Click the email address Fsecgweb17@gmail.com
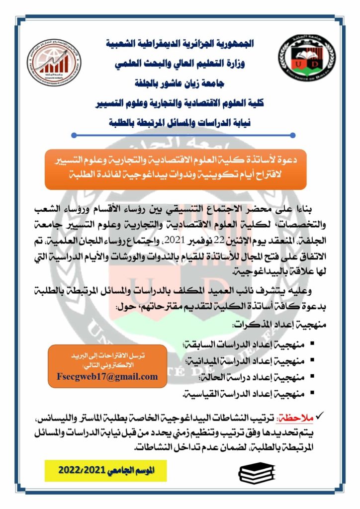107,376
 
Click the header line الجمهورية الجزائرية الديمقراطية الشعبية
180,44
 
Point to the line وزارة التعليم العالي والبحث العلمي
180,64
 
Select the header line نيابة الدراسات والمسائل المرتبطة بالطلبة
180,121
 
